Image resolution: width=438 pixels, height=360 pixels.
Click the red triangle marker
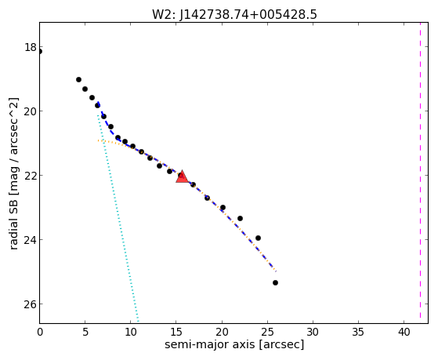click(x=182, y=176)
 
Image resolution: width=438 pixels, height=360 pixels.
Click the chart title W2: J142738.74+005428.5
click(x=234, y=15)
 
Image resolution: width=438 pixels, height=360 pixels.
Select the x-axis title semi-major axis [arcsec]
click(x=234, y=344)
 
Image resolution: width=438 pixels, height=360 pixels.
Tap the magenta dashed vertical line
click(x=420, y=173)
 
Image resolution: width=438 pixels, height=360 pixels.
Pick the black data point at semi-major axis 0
click(x=40, y=51)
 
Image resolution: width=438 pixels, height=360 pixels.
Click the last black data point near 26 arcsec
click(x=275, y=283)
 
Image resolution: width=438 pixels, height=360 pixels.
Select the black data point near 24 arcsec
click(x=258, y=238)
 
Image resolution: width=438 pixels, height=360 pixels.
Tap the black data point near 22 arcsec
click(x=240, y=219)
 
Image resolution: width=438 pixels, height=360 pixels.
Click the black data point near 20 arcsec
click(x=223, y=208)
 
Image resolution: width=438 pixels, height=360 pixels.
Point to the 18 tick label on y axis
click(x=31, y=47)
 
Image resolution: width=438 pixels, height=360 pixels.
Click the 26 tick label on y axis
click(x=31, y=304)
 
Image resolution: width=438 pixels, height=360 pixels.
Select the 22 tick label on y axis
click(x=31, y=176)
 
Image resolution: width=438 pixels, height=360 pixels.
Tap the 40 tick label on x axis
click(x=404, y=332)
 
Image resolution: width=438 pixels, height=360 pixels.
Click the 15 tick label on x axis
click(x=176, y=332)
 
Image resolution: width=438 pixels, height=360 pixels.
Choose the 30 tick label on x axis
click(x=313, y=332)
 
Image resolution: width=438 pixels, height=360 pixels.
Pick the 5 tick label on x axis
click(x=85, y=332)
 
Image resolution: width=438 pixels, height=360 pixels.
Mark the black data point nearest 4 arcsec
click(x=79, y=80)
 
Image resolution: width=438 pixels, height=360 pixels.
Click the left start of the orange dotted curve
click(x=98, y=140)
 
